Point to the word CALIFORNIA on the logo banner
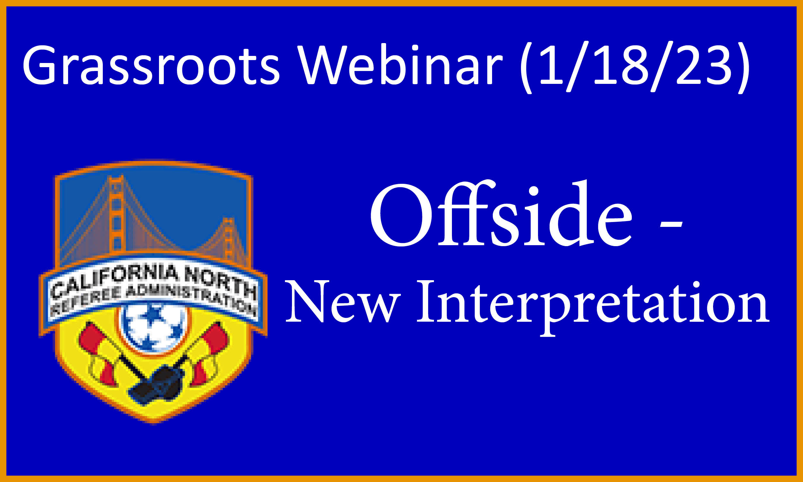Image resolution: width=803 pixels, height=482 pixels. tap(114, 281)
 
